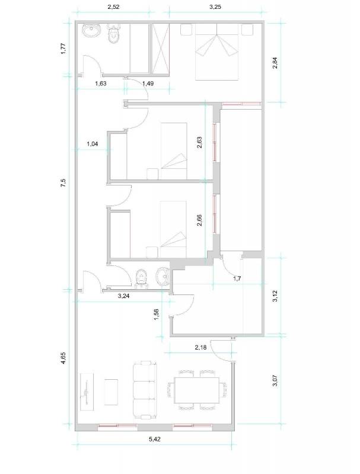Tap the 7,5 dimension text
63,183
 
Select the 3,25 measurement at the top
215,7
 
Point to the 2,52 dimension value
113,7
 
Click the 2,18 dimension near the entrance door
200,348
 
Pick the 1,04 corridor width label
93,144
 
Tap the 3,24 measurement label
123,296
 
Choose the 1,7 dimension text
237,278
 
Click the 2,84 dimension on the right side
275,63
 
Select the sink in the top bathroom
91,31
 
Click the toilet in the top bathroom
114,34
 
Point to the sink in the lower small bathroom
163,276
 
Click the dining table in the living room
197,390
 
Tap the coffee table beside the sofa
111,392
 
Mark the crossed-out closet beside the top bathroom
160,48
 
